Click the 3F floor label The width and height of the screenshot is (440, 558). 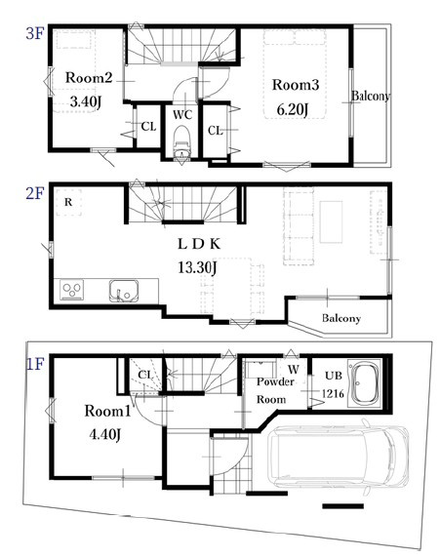point(35,34)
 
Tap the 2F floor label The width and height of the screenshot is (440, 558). point(35,194)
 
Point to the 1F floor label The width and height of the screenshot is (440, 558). point(35,365)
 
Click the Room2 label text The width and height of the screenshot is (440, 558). point(89,77)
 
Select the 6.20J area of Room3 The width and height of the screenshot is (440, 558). point(293,109)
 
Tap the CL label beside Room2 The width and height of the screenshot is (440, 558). point(149,127)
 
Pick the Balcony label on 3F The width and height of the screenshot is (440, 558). point(370,96)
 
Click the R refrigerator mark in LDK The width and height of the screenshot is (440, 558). point(68,202)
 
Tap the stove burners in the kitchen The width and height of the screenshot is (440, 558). point(72,290)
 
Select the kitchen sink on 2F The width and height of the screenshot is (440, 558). point(124,291)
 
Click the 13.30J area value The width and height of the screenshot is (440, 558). point(197,267)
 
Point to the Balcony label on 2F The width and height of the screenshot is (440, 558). point(341,318)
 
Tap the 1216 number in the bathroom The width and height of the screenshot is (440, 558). point(334,393)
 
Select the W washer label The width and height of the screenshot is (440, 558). point(294,370)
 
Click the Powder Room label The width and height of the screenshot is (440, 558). point(275,390)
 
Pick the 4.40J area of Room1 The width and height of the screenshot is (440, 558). point(105,434)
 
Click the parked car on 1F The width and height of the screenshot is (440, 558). point(339,457)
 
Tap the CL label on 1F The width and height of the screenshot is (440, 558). point(145,375)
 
